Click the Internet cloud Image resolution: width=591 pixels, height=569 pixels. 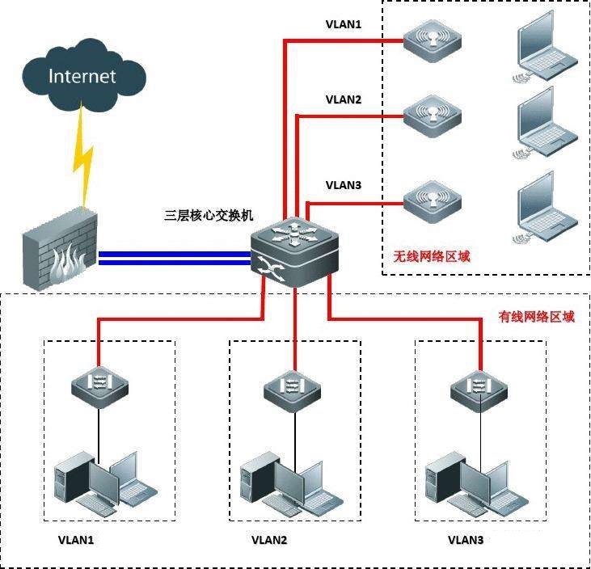[82, 78]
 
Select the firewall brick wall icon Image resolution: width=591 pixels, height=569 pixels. [59, 250]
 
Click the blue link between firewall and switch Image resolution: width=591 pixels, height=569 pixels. [174, 257]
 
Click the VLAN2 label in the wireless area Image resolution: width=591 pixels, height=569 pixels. [344, 100]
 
